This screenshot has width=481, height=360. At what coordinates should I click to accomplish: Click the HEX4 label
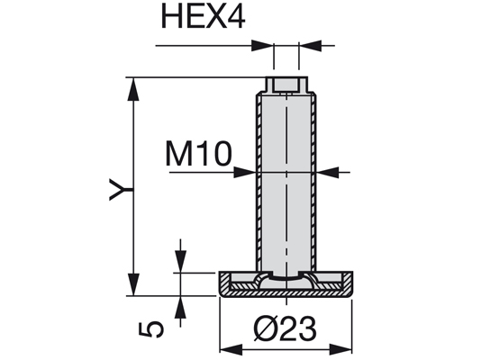(x=203, y=16)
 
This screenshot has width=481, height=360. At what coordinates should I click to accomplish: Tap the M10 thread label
(x=198, y=154)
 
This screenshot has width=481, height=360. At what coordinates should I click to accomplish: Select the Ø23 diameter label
(x=286, y=328)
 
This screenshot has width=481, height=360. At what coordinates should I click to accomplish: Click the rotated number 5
(x=151, y=329)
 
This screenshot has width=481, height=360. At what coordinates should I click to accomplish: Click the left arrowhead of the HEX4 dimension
(x=261, y=46)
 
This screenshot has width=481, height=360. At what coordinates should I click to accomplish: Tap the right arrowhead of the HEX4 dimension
(x=311, y=46)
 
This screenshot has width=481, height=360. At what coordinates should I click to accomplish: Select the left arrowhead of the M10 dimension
(x=245, y=173)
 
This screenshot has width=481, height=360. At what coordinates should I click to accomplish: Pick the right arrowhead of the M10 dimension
(x=328, y=173)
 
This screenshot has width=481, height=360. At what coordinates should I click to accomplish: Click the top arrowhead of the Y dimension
(x=133, y=89)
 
